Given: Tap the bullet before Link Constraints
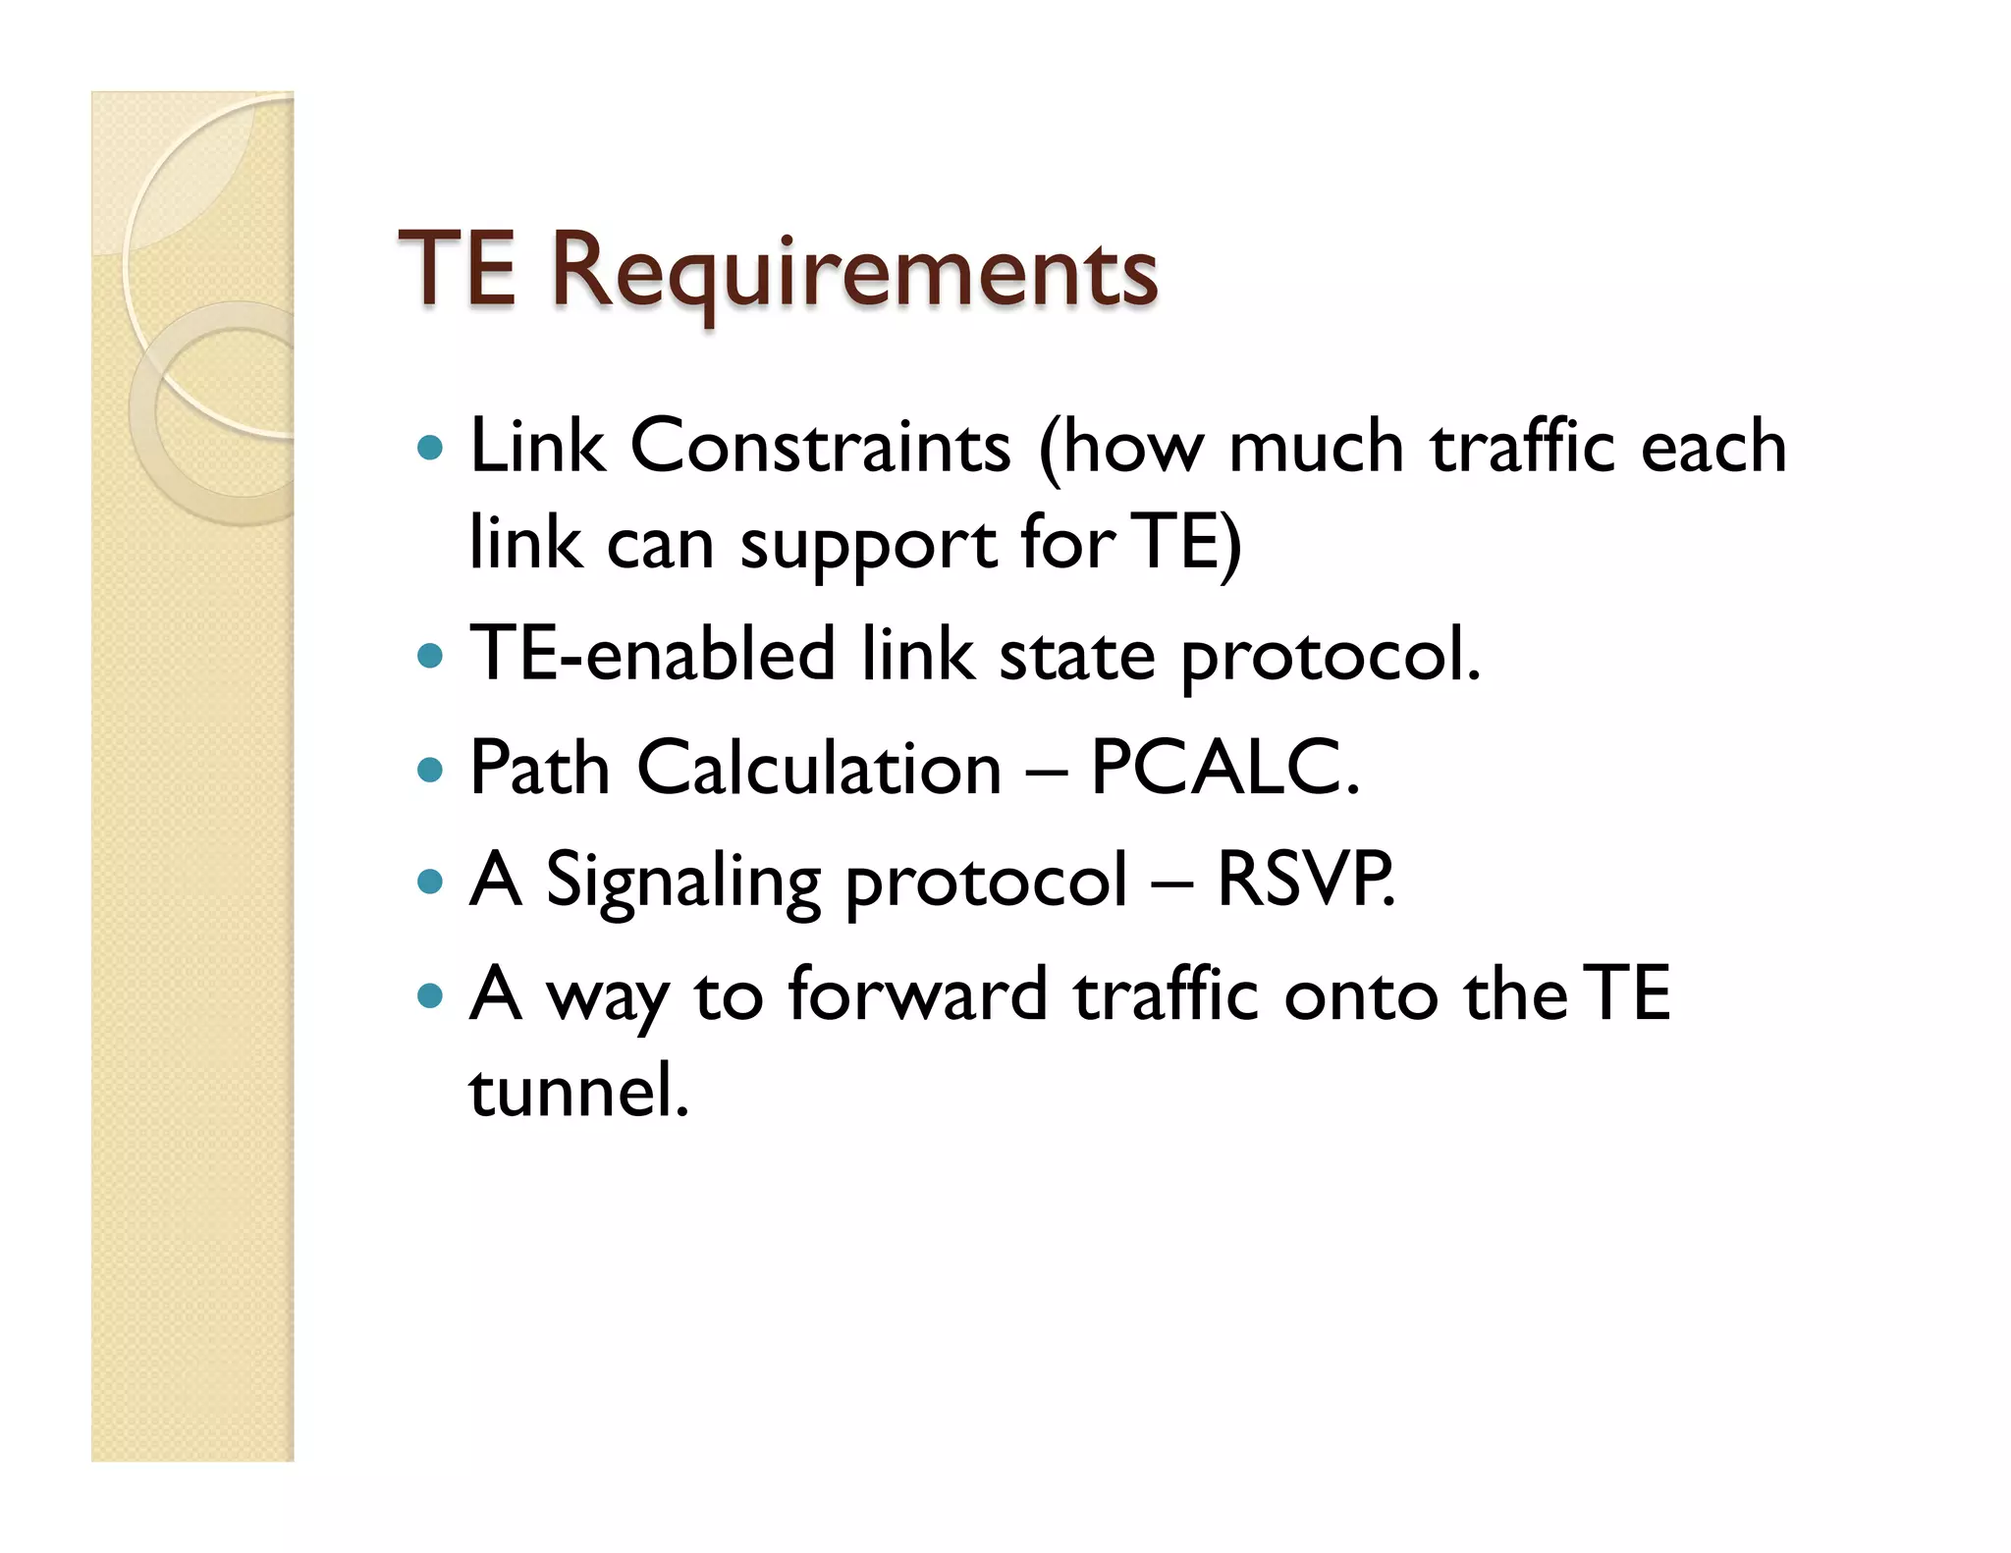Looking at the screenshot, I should (x=430, y=449).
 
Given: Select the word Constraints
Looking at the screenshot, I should (x=820, y=447).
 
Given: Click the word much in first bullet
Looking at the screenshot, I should (x=1316, y=447).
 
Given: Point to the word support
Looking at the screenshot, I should (x=868, y=545).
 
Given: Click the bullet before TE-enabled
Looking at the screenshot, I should (x=430, y=655).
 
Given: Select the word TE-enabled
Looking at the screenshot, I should (x=652, y=654).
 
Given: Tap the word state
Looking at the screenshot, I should (x=1076, y=656).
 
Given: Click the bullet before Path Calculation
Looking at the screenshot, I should (x=430, y=769).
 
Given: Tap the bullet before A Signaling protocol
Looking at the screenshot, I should (x=430, y=881).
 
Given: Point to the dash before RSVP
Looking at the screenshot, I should (x=1172, y=882).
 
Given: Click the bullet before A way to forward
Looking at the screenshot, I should (x=430, y=996).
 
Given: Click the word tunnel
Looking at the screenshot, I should (x=578, y=1091).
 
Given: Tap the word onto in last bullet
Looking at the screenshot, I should (x=1361, y=995).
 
